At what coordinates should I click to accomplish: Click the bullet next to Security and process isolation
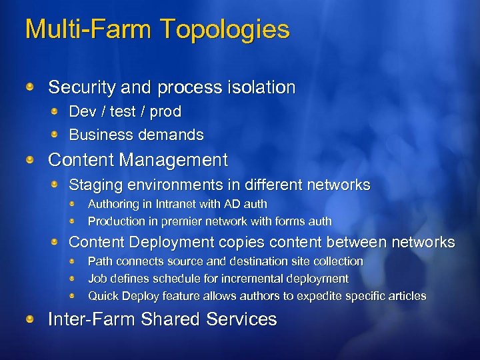click(31, 87)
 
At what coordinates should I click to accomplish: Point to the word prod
click(166, 111)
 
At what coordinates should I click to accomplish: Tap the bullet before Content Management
click(31, 160)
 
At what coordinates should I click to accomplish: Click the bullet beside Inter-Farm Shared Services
click(31, 319)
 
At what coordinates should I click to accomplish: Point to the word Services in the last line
click(241, 319)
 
